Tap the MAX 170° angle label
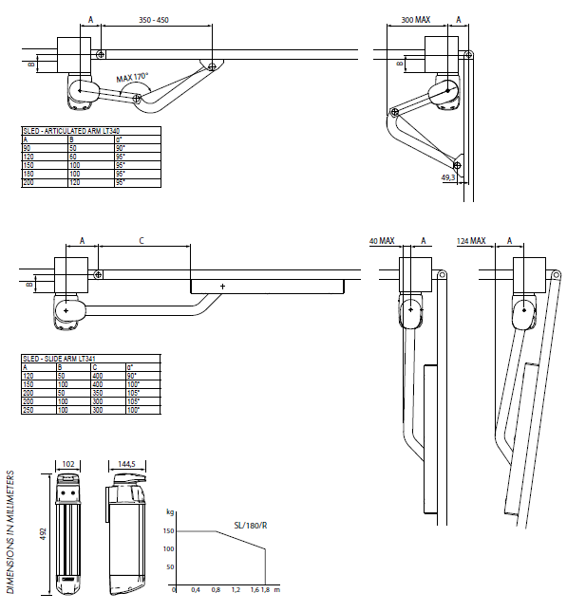click(133, 79)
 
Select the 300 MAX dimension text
click(415, 19)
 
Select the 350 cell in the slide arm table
click(98, 392)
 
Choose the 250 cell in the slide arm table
click(28, 409)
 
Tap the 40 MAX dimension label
click(382, 242)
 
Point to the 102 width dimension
click(67, 465)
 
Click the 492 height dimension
click(43, 535)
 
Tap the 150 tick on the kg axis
click(169, 531)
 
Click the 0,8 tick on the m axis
click(217, 590)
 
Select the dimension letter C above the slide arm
click(142, 242)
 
